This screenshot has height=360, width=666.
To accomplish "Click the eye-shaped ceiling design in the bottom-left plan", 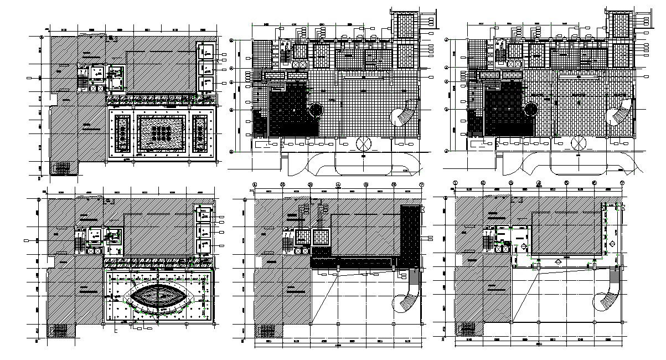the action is click(159, 294).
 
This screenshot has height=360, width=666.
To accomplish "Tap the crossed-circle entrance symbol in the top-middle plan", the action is click(364, 143).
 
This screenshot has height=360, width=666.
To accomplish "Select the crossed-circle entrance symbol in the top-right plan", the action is click(579, 143).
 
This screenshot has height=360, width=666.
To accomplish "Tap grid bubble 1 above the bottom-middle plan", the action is click(255, 184).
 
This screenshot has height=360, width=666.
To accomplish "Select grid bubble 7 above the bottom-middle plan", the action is click(421, 184).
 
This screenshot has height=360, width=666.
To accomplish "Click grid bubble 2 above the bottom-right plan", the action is click(483, 183).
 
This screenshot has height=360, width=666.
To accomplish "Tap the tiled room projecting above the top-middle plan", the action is click(406, 24).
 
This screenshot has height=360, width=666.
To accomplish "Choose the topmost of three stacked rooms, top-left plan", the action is click(206, 52).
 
